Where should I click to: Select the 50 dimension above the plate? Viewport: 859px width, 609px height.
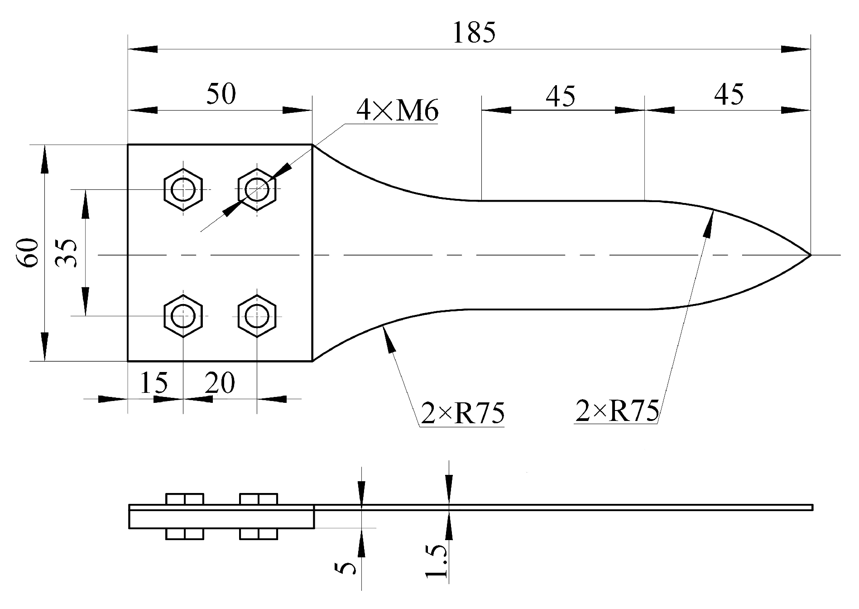tap(221, 95)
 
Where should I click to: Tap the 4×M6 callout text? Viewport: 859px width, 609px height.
tap(397, 111)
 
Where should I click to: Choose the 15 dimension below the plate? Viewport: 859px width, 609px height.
tap(154, 383)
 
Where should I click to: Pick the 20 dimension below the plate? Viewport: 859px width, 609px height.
tap(220, 383)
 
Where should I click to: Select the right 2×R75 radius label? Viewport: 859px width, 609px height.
tap(617, 411)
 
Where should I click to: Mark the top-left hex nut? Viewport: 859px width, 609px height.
tap(183, 189)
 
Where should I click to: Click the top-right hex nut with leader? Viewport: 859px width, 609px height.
tap(257, 189)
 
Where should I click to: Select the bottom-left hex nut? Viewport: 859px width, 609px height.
tap(183, 316)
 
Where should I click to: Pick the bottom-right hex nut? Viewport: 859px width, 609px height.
tap(257, 316)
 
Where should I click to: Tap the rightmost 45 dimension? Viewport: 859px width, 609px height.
tap(729, 95)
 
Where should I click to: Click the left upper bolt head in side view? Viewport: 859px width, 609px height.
tap(185, 499)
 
